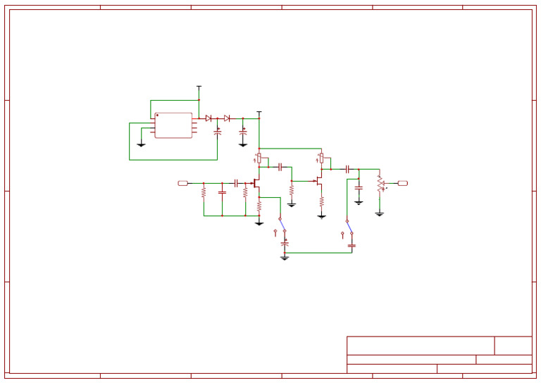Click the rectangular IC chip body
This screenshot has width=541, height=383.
pos(173,125)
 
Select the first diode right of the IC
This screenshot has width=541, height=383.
pos(209,118)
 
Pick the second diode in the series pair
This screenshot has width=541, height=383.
pos(226,118)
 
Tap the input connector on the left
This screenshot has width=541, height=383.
pos(183,183)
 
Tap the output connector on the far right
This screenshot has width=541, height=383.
pos(402,183)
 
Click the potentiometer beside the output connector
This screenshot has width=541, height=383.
pos(380,184)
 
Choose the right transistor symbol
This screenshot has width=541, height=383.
pos(319,181)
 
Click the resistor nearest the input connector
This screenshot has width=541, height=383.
pos(204,191)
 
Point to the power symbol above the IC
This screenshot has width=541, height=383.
pos(199,88)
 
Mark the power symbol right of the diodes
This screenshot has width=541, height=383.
pos(259,113)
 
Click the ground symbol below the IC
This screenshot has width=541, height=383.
pos(141,144)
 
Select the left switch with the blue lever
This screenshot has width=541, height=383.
pos(282,225)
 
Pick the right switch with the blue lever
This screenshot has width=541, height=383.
pos(349,226)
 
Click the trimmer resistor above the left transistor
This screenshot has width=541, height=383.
pos(259,158)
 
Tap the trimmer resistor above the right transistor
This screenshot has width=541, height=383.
pos(321,158)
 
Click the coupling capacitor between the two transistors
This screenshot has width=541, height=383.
pos(280,167)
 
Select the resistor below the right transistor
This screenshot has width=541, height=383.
pos(321,201)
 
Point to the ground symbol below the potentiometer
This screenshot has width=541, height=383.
pos(380,213)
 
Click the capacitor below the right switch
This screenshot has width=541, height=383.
pos(352,245)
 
